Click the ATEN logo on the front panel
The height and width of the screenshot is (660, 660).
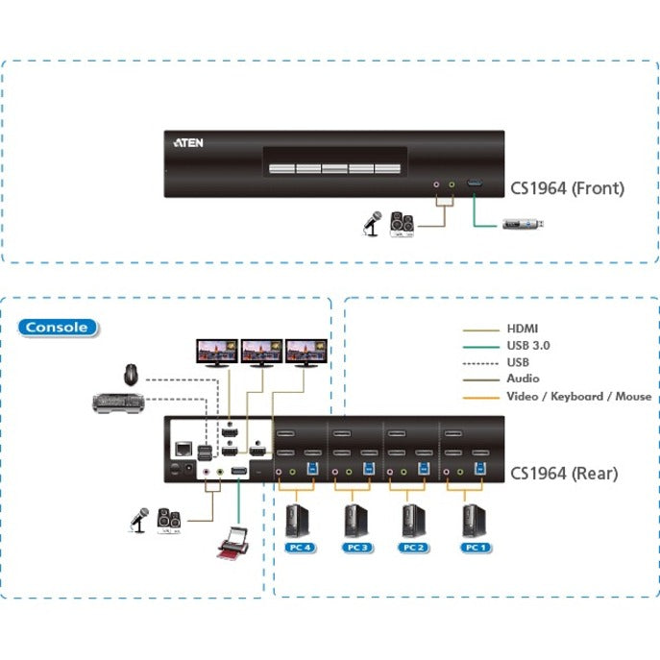188,141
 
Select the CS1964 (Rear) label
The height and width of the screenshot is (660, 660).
564,473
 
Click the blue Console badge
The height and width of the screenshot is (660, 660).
59,327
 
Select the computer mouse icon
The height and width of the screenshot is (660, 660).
131,372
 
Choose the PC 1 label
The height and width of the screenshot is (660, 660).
473,547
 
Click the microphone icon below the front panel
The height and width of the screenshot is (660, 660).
370,223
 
